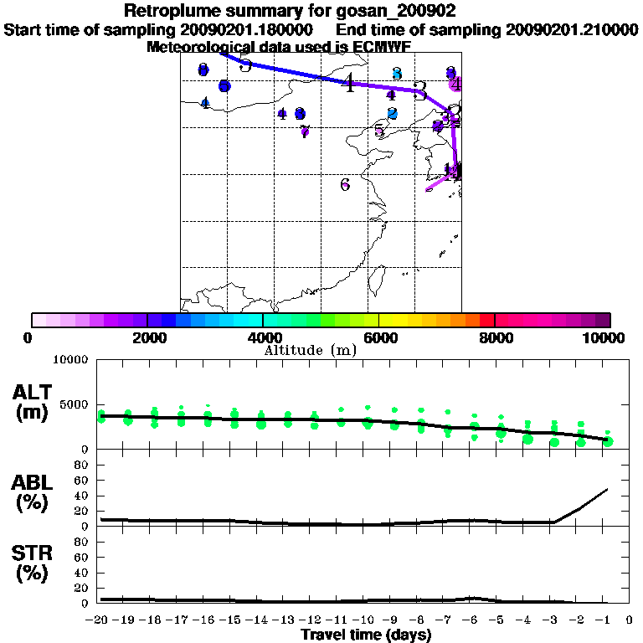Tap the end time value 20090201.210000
click(x=572, y=29)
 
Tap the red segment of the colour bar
click(x=486, y=320)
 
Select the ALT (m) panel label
click(x=34, y=402)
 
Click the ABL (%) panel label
click(x=34, y=491)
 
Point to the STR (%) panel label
click(x=34, y=563)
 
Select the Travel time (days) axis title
click(x=367, y=635)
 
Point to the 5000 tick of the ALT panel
click(x=74, y=404)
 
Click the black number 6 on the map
click(x=345, y=185)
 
